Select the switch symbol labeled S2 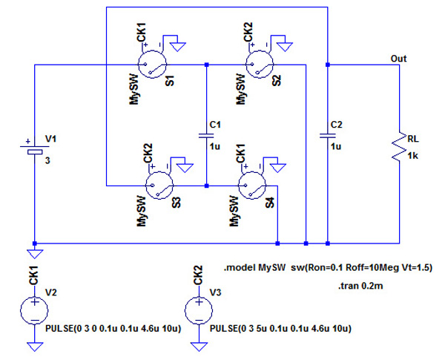point(259,65)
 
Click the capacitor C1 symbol point(206,135)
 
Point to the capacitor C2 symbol point(327,135)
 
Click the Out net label point(398,57)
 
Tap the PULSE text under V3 point(280,327)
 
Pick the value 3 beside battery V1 point(48,158)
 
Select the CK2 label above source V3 point(198,275)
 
